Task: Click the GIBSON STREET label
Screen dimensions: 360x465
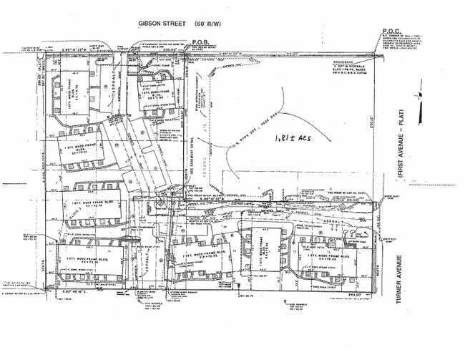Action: point(162,23)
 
